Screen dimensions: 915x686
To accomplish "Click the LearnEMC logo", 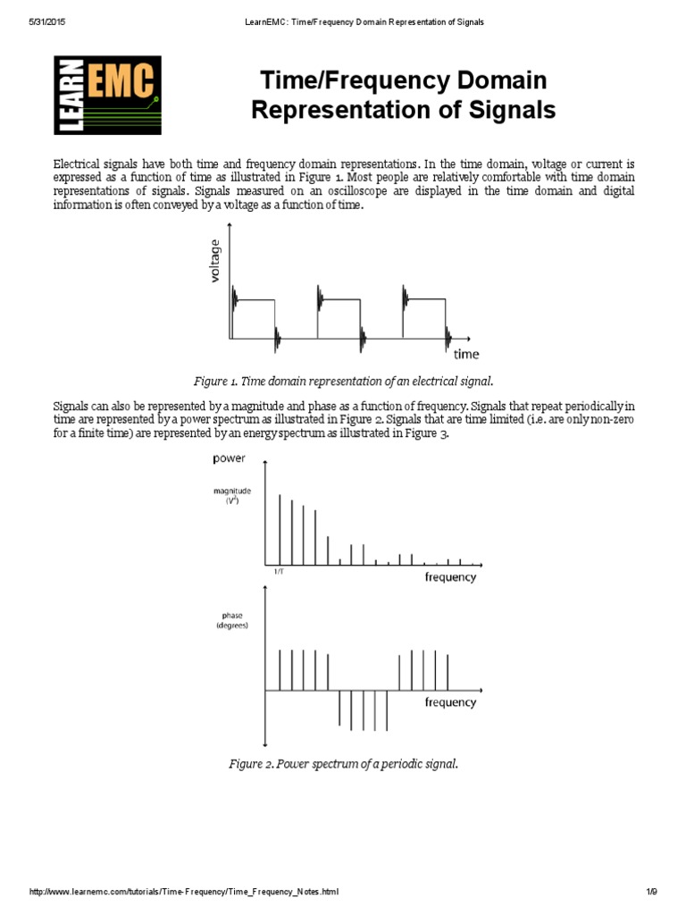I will click(x=108, y=94).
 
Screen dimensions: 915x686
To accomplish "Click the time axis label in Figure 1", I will click(x=466, y=354).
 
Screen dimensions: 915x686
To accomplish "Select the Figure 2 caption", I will click(x=344, y=764).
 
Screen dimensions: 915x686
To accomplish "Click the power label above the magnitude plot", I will click(x=230, y=459).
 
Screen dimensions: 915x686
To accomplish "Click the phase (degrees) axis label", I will click(x=231, y=620).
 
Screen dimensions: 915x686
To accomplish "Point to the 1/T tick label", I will click(x=280, y=571).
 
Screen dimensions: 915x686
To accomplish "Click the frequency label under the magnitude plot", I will click(x=450, y=577).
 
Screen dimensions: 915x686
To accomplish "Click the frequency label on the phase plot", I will click(x=450, y=702).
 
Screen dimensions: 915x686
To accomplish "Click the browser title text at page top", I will click(x=351, y=21).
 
